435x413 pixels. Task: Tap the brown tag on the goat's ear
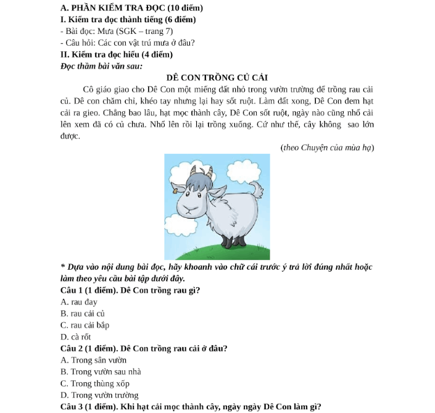coord(175,191)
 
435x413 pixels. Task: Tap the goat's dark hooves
coord(231,243)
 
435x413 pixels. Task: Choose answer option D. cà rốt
coord(77,336)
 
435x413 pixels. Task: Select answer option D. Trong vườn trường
coord(99,395)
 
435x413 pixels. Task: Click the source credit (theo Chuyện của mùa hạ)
coord(326,147)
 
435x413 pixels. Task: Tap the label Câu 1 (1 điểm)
coord(90,290)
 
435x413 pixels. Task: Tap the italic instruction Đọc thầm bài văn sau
coord(102,65)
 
